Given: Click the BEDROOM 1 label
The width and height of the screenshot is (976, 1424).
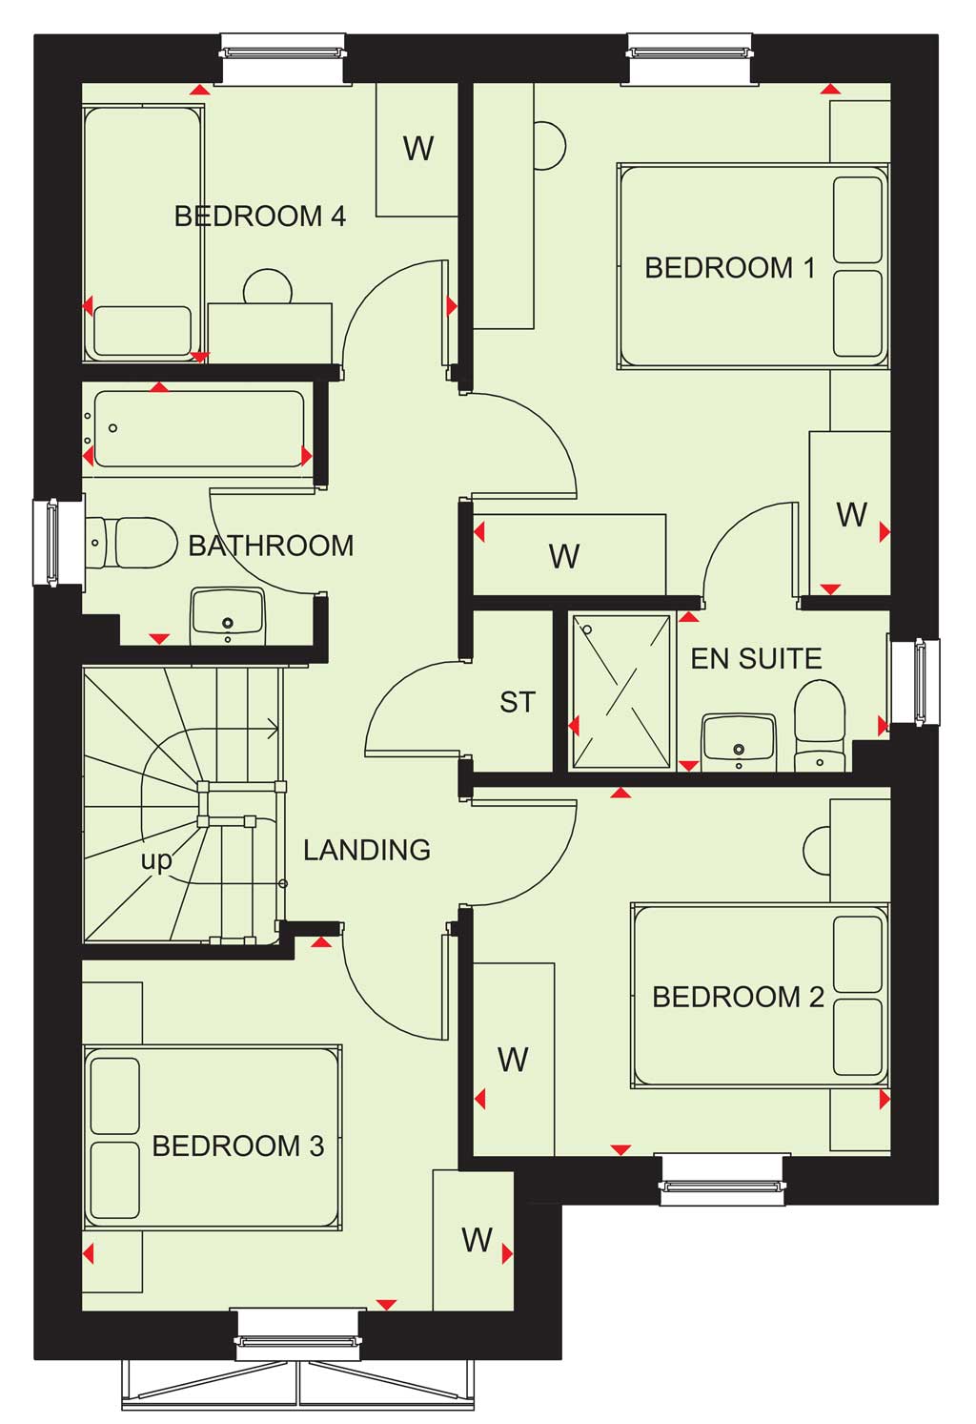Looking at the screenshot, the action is coord(729,268).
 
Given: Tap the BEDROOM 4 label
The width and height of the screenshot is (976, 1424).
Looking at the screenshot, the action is coord(260,217).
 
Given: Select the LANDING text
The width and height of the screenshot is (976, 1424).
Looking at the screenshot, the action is coord(367,850).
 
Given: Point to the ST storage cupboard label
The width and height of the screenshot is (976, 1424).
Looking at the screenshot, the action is coord(518,702).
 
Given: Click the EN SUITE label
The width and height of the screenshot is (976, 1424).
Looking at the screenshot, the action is coord(756,659).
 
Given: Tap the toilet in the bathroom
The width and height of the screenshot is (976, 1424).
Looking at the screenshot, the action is coord(131,542).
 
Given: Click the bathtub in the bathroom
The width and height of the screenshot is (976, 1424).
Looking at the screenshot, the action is coord(198,429).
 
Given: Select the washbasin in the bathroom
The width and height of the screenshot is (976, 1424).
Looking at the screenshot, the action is coord(228,615).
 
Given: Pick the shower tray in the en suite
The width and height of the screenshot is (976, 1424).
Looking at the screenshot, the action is coord(620,691).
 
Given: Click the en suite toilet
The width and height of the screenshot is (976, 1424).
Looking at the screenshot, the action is coord(820,726).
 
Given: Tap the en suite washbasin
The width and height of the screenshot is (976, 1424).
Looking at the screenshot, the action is coord(739,742).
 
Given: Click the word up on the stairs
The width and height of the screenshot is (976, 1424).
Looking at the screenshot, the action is coord(156,861).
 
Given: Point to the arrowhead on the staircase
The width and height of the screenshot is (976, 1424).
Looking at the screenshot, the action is coord(274,729).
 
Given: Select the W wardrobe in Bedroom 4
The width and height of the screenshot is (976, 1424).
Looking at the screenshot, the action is coord(417,150).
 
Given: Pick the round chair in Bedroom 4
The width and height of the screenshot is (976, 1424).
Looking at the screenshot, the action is coord(268,287).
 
